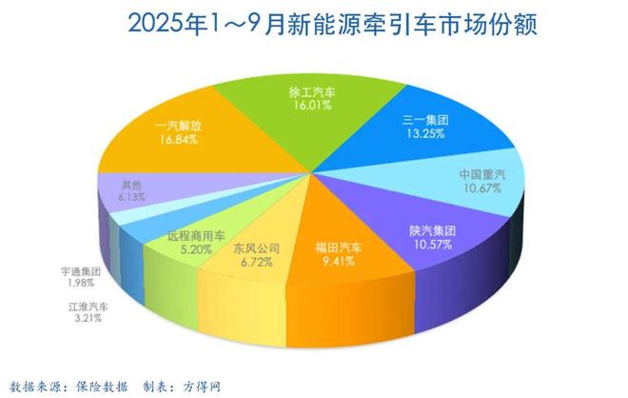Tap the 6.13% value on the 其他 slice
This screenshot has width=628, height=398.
(131, 198)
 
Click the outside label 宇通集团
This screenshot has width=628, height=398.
(81, 271)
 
